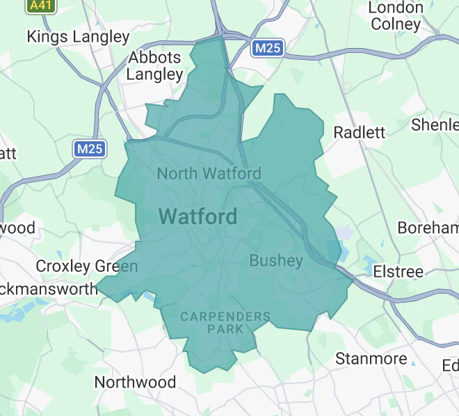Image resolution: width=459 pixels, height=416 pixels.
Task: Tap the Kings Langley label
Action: tap(78, 37)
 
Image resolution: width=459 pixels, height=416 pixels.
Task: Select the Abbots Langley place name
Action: tap(154, 65)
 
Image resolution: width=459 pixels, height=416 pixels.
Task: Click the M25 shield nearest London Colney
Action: tap(267, 49)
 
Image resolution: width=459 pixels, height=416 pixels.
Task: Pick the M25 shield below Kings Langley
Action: tap(90, 149)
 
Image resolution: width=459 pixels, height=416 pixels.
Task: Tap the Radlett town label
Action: tap(359, 133)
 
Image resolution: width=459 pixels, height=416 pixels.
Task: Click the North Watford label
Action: tap(209, 173)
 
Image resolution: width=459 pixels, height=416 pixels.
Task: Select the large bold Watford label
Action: tap(198, 216)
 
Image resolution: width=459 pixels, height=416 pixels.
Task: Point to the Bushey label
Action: tap(276, 261)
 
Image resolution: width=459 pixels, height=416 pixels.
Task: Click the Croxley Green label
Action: tap(87, 266)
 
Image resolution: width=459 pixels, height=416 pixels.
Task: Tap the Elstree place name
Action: tap(398, 271)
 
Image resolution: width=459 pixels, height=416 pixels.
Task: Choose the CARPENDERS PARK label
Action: tap(225, 322)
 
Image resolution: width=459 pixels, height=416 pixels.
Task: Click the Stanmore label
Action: tap(371, 359)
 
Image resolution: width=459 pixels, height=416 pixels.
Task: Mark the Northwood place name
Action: tap(135, 382)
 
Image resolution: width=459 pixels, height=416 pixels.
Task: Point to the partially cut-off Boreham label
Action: tap(428, 228)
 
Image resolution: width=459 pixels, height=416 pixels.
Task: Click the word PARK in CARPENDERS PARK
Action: tap(225, 328)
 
